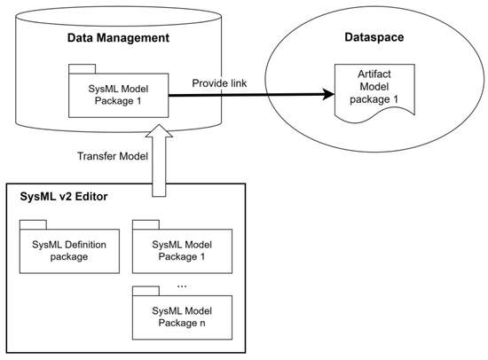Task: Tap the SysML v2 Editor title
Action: (59, 195)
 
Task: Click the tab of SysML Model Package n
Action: (144, 291)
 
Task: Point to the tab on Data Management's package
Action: (81, 69)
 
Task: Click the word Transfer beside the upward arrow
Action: (91, 156)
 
